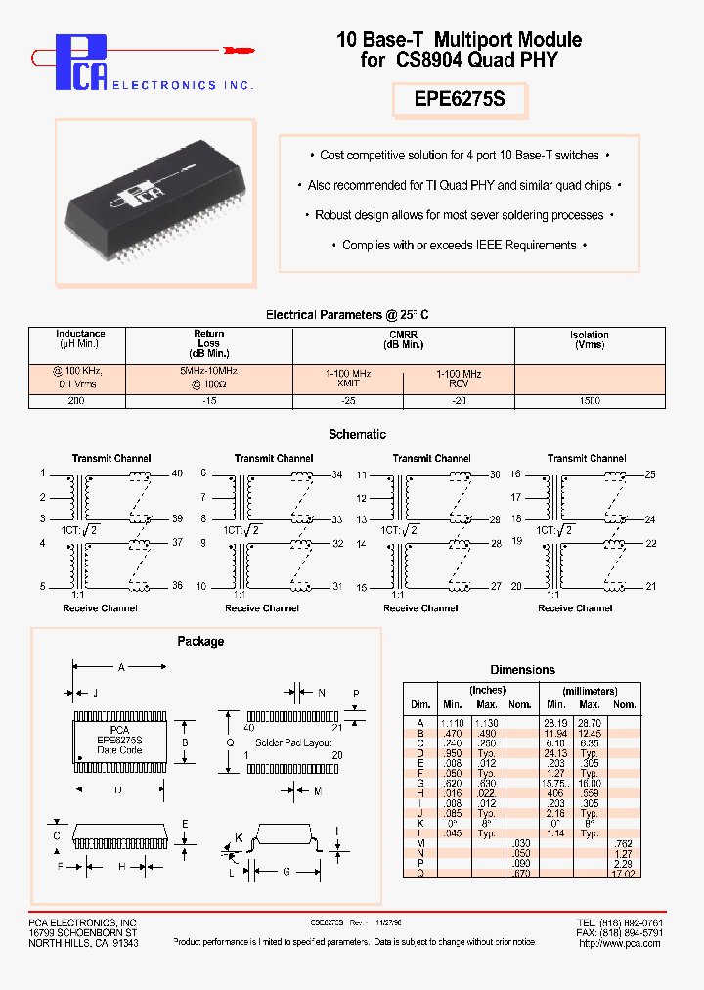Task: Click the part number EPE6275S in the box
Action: coord(460,101)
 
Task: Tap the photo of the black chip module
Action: coord(155,202)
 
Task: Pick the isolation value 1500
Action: coord(589,401)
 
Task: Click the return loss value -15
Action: coord(208,401)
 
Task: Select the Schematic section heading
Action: coord(357,434)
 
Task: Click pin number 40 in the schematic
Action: coord(177,473)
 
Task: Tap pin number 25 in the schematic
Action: coord(649,473)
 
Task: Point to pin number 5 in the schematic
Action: coord(42,586)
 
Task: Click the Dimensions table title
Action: coord(522,670)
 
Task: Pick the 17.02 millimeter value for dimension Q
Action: coord(623,874)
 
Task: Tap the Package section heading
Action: coord(200,641)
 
